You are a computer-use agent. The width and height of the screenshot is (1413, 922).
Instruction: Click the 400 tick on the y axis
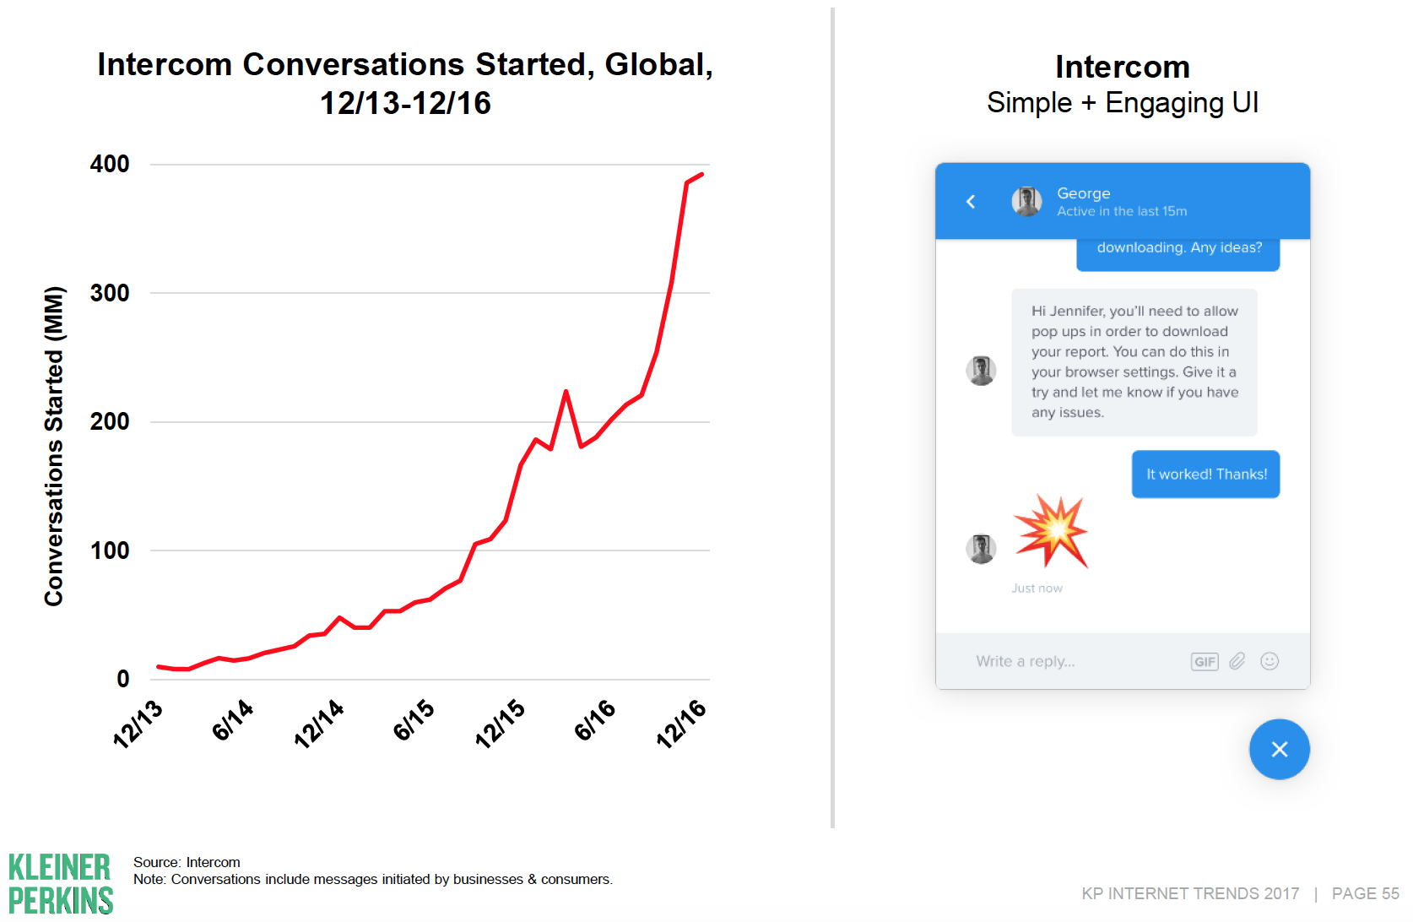[110, 164]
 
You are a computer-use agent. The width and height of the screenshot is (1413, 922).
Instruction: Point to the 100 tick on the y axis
[110, 550]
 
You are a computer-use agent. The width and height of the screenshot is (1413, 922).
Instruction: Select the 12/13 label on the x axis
[138, 724]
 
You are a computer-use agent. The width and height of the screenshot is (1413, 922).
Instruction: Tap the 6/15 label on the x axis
[414, 720]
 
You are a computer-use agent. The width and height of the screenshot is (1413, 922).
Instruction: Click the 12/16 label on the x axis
[681, 724]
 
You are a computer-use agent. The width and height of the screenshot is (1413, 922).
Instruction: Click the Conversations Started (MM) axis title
[54, 446]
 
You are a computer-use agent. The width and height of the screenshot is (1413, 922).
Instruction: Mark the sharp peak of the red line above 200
[566, 391]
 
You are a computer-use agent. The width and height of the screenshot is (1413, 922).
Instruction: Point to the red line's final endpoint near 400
[702, 174]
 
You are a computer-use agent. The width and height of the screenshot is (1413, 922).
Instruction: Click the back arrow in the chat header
[971, 202]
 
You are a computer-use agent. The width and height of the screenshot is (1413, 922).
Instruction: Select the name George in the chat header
[1083, 193]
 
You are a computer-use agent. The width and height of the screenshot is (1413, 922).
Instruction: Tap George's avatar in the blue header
[1026, 202]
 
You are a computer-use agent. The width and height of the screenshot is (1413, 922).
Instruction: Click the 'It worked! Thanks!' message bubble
[1205, 475]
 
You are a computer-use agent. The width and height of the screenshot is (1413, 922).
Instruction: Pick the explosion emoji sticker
[1051, 530]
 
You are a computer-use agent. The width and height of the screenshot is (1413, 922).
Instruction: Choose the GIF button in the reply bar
[1205, 662]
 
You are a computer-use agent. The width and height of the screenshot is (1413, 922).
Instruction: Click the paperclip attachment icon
[1237, 661]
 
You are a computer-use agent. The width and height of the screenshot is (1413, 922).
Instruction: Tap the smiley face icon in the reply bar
[1270, 661]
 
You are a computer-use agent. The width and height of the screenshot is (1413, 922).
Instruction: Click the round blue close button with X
[1280, 749]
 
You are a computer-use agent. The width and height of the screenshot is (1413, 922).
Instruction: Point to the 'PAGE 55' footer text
[1365, 893]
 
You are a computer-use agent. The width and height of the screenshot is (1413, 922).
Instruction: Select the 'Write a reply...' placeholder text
[1026, 661]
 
